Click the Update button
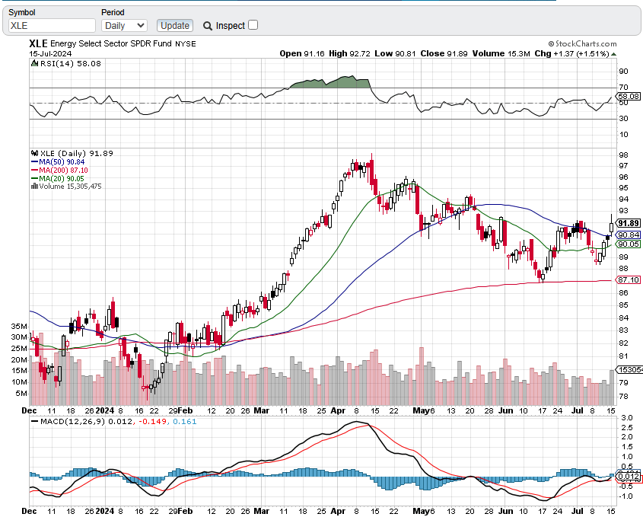[x=175, y=25]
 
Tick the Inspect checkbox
[x=253, y=25]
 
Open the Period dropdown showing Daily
[x=124, y=25]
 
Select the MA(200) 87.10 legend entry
[x=61, y=170]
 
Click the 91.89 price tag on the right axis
[x=628, y=223]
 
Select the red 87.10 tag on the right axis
[x=628, y=280]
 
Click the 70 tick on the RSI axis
[x=623, y=88]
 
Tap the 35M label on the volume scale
[x=20, y=326]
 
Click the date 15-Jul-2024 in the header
[x=51, y=53]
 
